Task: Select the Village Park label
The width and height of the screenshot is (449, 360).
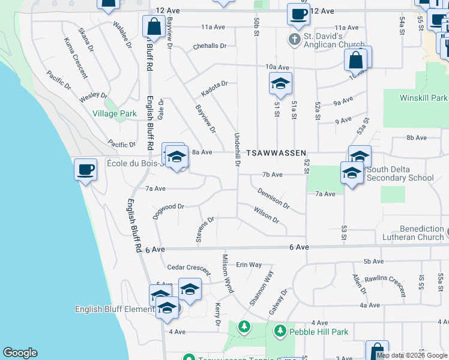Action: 110,113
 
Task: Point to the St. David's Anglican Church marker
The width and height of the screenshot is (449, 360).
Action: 294,41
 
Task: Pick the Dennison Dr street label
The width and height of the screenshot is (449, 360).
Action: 274,199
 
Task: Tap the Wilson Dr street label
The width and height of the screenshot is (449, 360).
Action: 267,215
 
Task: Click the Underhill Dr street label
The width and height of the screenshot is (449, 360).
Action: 237,149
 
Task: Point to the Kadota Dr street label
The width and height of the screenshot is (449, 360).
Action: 215,88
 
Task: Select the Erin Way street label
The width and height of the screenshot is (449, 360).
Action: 249,265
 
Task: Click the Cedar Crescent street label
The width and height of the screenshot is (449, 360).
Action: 189,268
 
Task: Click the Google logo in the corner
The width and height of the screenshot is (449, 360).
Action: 20,353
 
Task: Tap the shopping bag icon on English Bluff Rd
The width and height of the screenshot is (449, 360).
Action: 154,26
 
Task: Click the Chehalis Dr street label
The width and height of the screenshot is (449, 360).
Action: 210,46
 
